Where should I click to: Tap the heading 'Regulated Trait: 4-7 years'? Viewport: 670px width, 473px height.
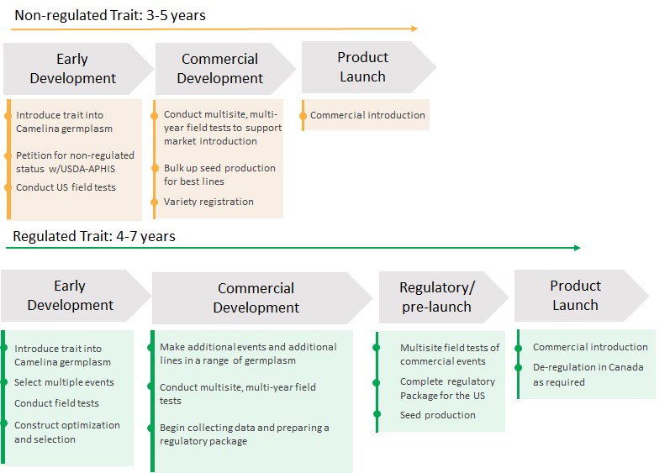click(94, 236)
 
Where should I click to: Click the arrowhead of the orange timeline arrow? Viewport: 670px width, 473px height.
click(414, 29)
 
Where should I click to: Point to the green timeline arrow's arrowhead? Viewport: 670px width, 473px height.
click(577, 248)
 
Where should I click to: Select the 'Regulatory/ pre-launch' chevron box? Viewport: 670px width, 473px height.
click(437, 297)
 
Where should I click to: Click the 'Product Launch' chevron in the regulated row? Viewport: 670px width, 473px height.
click(577, 295)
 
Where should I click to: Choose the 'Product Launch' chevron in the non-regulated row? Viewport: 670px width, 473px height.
click(363, 66)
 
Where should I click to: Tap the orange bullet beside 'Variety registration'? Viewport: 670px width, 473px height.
click(154, 202)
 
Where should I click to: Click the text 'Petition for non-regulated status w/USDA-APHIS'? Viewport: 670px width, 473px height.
click(75, 162)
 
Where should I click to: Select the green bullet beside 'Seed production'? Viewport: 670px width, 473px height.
click(378, 415)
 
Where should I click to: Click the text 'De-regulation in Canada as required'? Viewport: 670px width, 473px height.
click(588, 375)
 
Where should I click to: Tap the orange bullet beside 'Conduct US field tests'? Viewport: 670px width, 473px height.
click(8, 187)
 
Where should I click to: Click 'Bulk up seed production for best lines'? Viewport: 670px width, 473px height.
click(219, 175)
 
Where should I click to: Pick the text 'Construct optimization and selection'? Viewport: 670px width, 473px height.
click(66, 432)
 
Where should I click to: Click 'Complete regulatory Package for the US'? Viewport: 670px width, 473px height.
click(447, 388)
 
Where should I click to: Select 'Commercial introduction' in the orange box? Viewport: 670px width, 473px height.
click(367, 115)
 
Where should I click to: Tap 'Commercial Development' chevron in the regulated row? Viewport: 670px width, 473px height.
click(256, 298)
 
